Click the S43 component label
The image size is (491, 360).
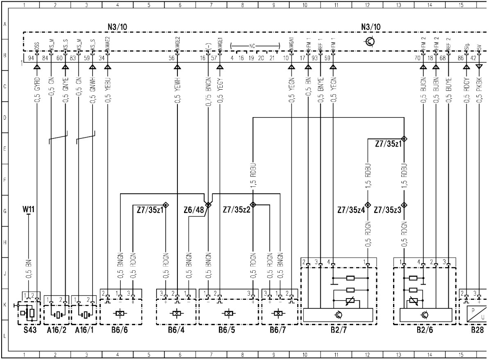(29, 331)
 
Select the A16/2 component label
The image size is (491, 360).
(55, 331)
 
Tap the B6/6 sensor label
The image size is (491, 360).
(119, 331)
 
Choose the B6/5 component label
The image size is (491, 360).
(228, 331)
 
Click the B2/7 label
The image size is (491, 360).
(339, 331)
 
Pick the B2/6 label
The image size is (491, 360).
(430, 331)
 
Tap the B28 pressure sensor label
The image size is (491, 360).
(477, 331)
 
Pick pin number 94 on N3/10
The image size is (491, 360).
(31, 58)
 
